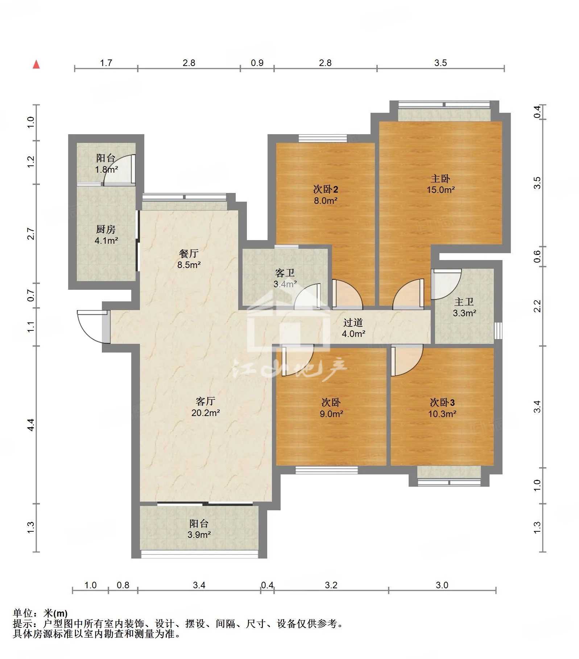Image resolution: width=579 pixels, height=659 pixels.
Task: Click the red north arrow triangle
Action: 36,65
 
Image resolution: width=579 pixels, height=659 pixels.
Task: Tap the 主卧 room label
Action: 441,178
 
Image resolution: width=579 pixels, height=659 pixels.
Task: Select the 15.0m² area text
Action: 441,190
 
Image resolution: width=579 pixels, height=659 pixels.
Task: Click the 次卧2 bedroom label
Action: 326,189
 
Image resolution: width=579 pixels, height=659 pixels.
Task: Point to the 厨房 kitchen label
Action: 106,229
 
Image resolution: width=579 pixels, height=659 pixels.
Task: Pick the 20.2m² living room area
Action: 206,412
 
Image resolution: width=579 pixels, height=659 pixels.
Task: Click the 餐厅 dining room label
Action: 189,254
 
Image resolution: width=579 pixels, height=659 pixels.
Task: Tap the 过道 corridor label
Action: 353,322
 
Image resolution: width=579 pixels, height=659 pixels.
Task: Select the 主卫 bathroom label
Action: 464,302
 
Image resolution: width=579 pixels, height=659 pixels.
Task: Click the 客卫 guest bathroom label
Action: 285,273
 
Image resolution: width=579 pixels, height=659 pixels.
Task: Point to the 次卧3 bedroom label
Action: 442,402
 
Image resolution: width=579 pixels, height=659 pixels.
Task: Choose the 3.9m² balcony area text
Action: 199,534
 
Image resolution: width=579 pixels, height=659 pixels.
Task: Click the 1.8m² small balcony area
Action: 106,169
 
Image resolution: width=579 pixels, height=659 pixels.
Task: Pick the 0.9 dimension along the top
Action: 257,63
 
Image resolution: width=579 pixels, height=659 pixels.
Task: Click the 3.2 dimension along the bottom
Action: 331,585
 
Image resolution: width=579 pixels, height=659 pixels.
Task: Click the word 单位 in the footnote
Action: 23,613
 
